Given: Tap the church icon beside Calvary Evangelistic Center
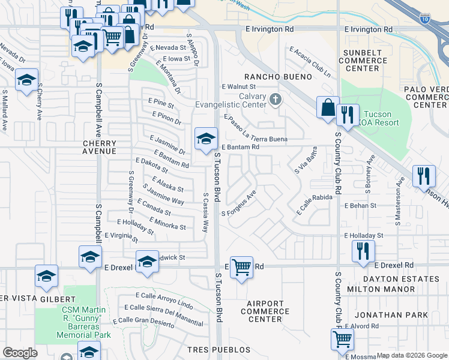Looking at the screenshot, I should pos(276,99).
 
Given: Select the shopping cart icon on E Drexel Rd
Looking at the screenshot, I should pos(241,267).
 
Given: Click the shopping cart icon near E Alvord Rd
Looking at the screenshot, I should pos(342,338).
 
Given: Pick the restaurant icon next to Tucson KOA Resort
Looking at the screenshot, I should pos(348,114).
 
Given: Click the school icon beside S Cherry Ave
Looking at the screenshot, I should pos(26,80).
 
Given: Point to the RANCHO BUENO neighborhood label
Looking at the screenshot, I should pos(277,77).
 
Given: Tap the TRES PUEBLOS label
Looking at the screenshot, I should pos(218,350).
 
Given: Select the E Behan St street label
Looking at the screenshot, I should pos(360,205).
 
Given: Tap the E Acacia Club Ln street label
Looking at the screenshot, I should pos(310,62).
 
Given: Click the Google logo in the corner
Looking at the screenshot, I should pos(20,353).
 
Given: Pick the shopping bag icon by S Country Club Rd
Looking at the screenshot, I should pos(328,108).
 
